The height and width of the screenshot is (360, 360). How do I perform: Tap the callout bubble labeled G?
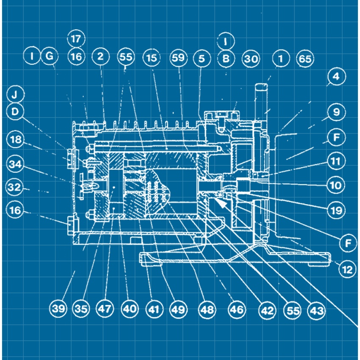click(50, 56)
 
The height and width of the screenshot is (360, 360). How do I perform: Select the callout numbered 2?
click(100, 57)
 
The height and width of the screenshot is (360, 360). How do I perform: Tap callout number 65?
click(305, 59)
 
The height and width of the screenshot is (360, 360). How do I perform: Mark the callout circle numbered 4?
click(336, 77)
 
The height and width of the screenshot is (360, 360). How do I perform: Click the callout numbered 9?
click(336, 113)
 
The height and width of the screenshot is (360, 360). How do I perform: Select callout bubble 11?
click(336, 161)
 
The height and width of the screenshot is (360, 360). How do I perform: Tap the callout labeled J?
click(15, 94)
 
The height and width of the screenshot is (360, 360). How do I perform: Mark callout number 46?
click(237, 310)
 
